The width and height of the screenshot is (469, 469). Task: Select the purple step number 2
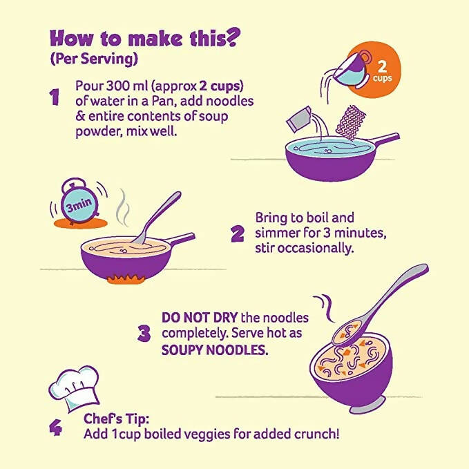point(238,233)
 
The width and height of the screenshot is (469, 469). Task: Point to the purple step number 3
point(144,334)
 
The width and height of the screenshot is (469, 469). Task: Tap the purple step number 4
point(55,427)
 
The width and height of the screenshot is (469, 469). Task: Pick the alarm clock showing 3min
point(77,204)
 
